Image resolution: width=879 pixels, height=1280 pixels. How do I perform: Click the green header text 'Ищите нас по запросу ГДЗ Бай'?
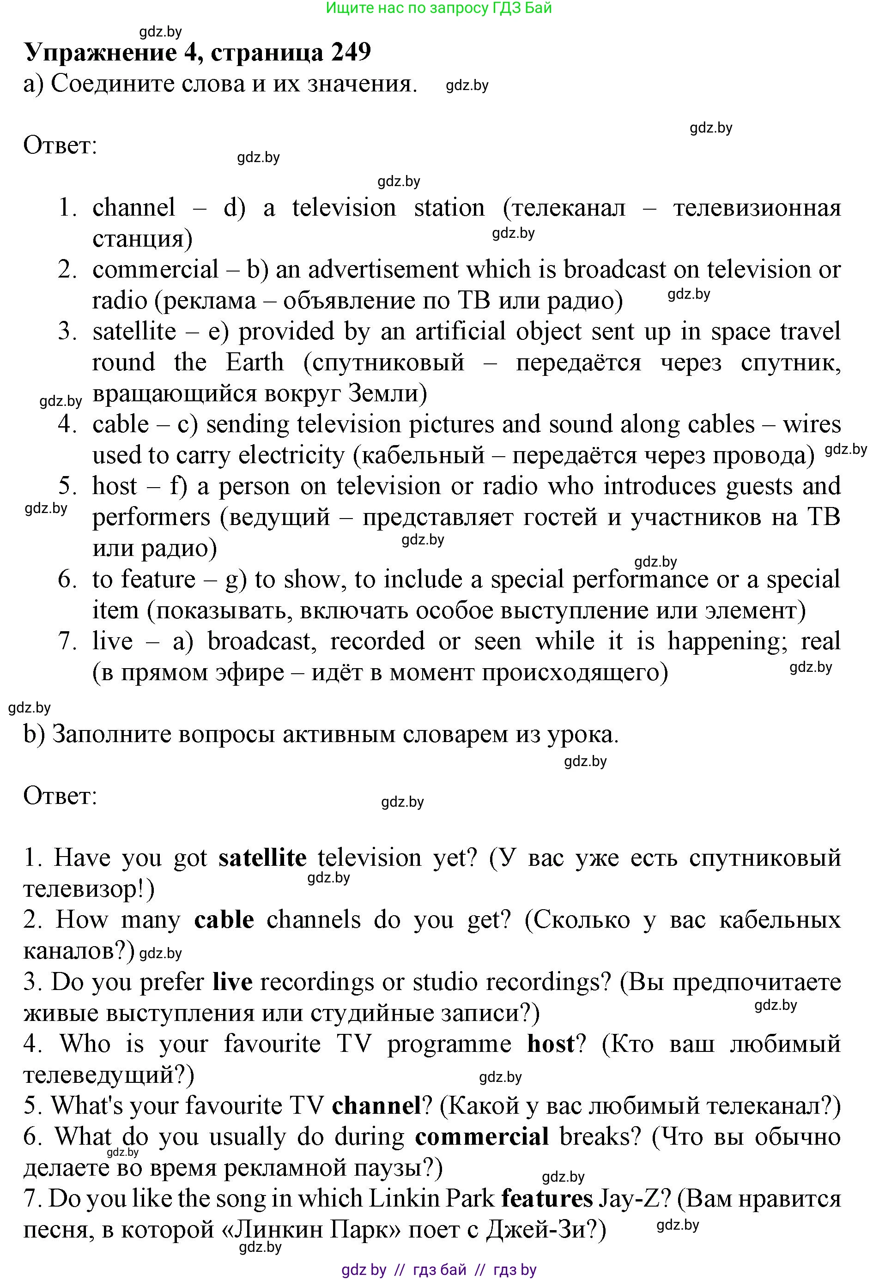[x=439, y=8]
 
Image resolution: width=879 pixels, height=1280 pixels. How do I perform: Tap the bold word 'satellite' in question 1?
[x=262, y=858]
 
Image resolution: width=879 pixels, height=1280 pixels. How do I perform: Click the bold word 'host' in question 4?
[x=551, y=1044]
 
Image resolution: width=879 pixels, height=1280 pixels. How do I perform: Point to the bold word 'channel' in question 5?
[x=376, y=1105]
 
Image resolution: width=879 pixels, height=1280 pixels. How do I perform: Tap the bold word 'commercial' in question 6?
[x=482, y=1136]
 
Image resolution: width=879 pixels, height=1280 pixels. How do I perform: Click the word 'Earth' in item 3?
[x=255, y=362]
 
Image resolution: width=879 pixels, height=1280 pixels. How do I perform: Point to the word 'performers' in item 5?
[x=151, y=517]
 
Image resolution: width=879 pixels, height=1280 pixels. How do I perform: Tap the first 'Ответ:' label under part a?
[x=60, y=146]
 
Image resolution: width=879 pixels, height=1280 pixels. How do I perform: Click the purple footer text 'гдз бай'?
[x=439, y=1270]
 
